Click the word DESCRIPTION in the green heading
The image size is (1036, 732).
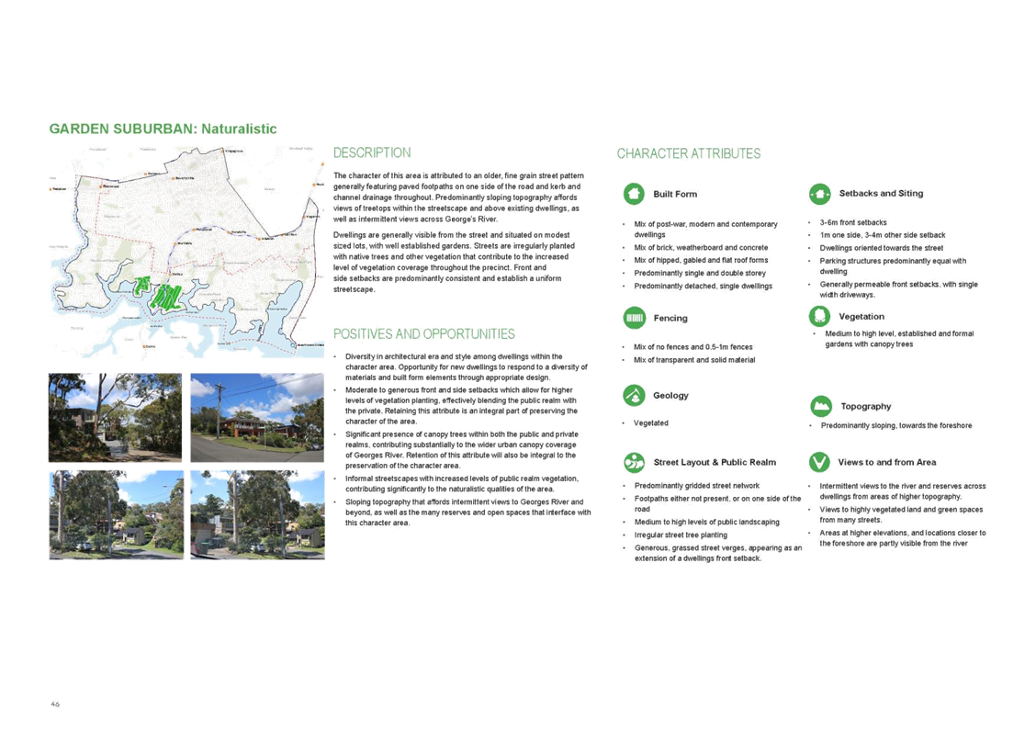(x=371, y=152)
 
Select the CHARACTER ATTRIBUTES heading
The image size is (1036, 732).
(x=688, y=153)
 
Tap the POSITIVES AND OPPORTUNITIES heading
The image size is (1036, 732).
(x=423, y=333)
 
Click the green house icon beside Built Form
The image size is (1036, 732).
(x=633, y=194)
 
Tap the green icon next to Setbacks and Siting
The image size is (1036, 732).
(x=818, y=194)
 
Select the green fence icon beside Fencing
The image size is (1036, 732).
(x=633, y=318)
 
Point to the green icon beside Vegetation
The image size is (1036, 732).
(x=818, y=316)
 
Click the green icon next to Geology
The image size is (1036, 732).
(x=633, y=395)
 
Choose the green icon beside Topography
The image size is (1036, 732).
(x=821, y=406)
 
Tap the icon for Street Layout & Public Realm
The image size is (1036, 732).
(x=633, y=461)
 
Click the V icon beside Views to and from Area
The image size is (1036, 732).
(x=818, y=461)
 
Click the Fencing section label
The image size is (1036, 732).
(x=670, y=318)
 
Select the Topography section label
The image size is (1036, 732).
(x=864, y=406)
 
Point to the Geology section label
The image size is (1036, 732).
(x=670, y=395)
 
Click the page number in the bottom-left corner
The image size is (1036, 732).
(x=55, y=704)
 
